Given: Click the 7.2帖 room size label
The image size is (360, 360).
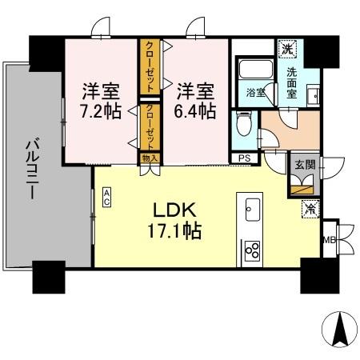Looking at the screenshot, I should click(x=102, y=111).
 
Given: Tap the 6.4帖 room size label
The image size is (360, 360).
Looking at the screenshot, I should click(x=196, y=111).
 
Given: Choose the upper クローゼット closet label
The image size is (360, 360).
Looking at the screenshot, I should click(x=150, y=67).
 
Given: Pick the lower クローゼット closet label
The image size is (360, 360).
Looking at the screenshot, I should click(x=150, y=126).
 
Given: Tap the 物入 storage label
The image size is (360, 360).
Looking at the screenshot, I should click(x=150, y=158).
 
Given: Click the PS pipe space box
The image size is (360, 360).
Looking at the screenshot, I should click(x=244, y=158).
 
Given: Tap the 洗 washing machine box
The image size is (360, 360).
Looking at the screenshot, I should click(x=288, y=49).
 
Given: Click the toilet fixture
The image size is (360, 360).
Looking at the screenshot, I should click(x=244, y=123).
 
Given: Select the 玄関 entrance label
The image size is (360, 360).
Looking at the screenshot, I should click(x=303, y=165).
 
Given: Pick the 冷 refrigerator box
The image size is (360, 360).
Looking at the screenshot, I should click(x=309, y=208).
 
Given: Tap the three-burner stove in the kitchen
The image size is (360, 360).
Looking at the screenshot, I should click(x=253, y=251).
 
